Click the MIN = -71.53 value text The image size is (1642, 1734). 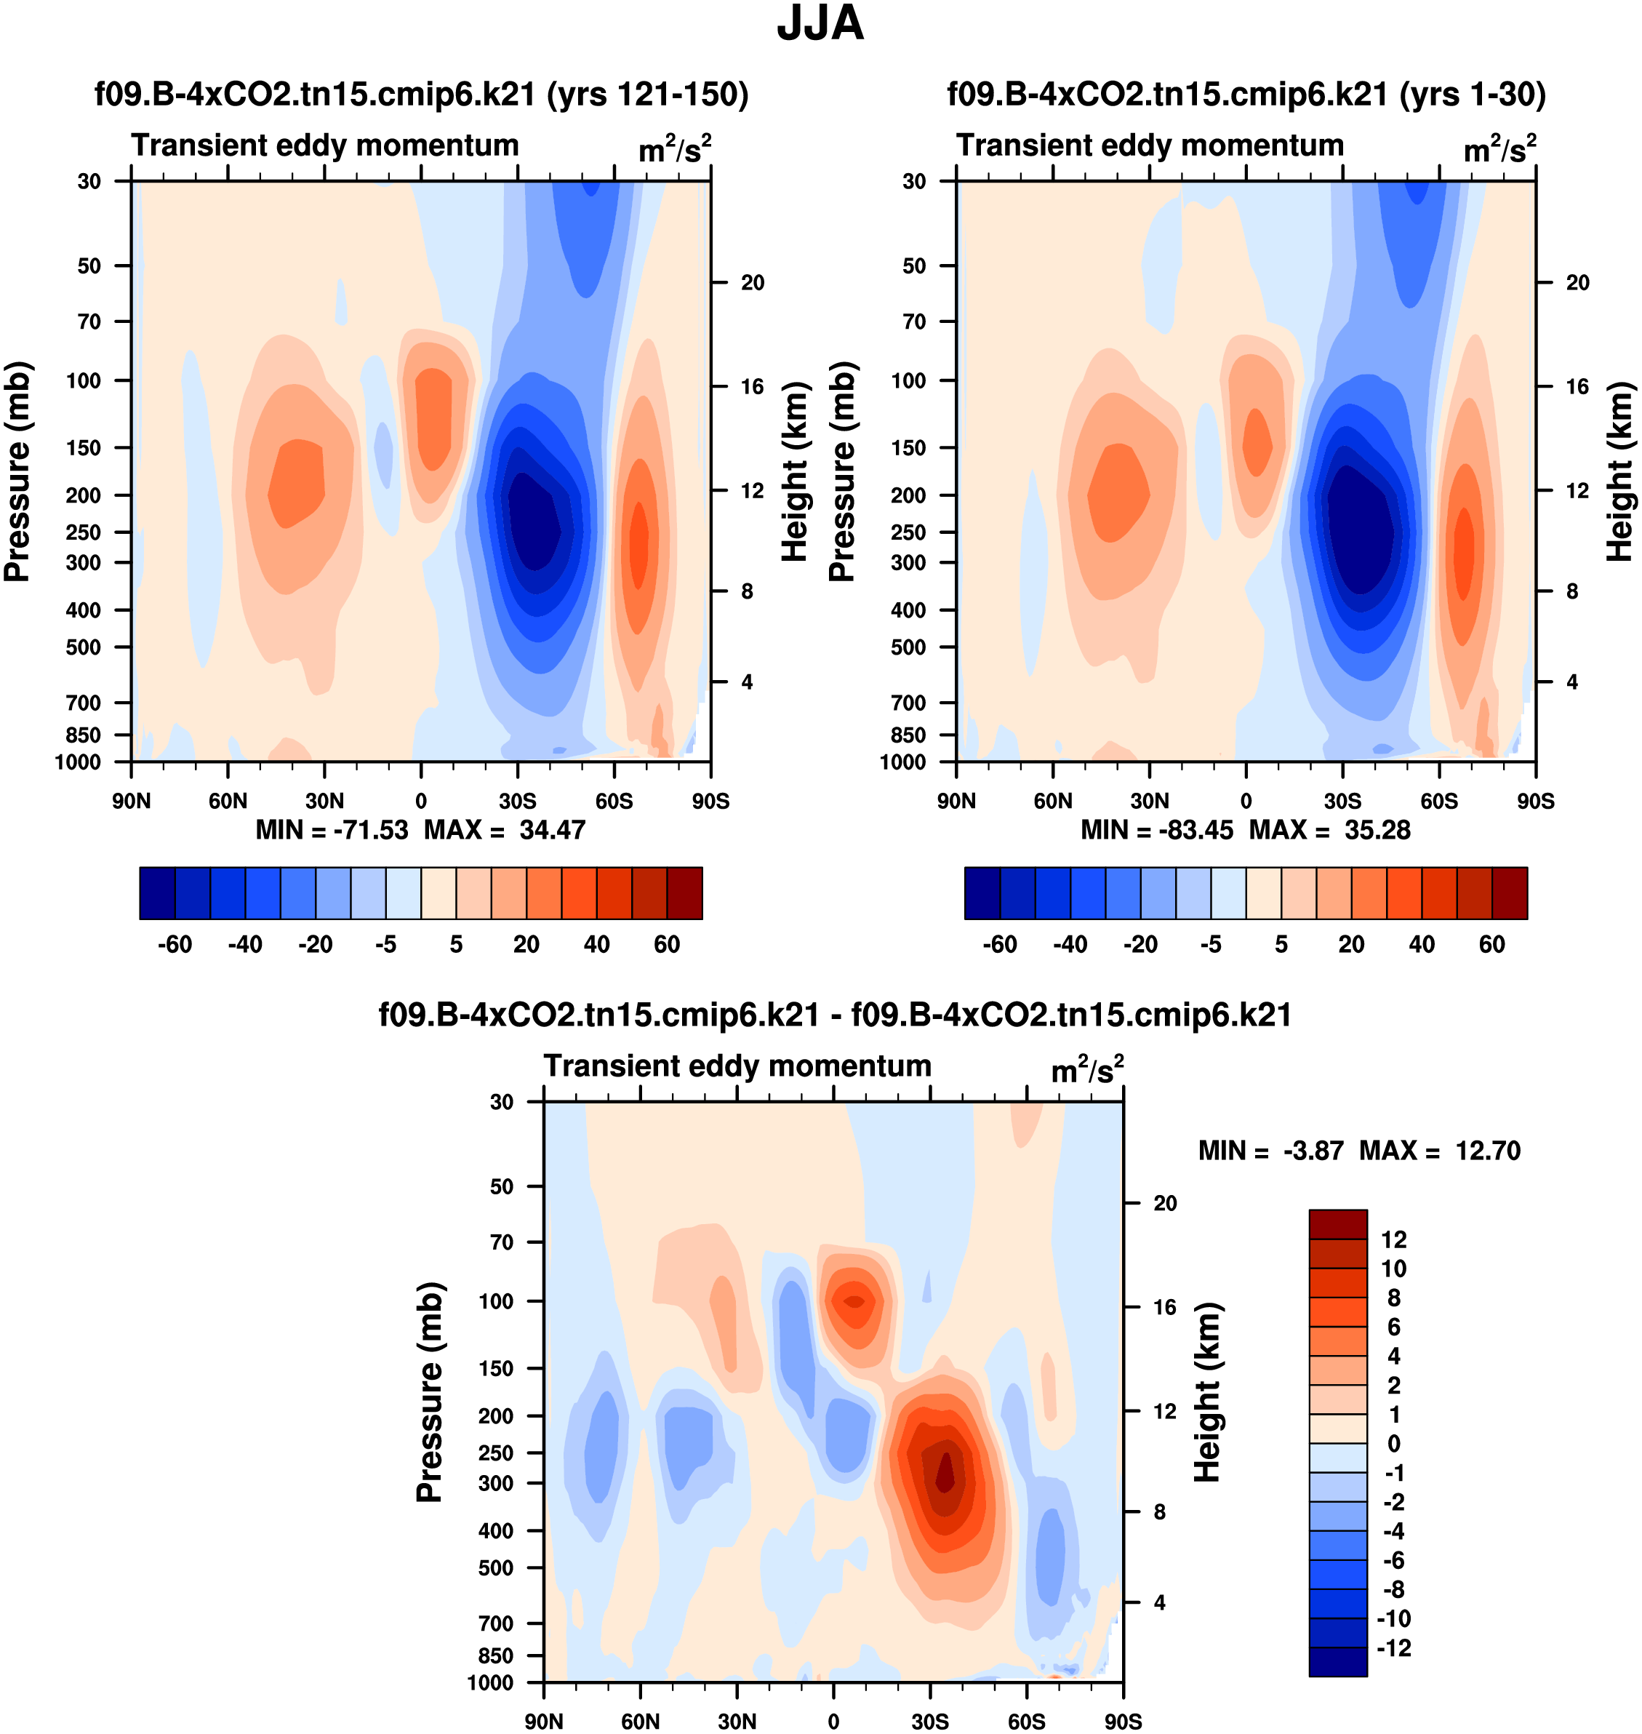332,830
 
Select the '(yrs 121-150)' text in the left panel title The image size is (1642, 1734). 648,95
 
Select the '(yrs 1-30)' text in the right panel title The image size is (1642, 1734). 1472,95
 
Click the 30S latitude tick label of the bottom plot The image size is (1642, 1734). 929,1721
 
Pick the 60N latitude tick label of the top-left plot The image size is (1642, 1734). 228,801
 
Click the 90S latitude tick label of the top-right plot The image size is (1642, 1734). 1535,801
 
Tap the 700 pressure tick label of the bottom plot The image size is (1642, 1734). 495,1623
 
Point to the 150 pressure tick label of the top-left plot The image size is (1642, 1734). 84,447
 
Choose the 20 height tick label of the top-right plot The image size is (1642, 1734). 1577,283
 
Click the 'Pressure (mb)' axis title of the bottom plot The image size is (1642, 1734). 429,1391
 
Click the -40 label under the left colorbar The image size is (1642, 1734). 245,945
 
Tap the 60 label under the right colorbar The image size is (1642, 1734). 1491,945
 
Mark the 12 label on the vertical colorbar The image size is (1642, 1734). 1393,1239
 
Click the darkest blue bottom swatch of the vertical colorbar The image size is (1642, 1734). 1337,1661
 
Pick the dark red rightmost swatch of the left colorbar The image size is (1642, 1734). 684,893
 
